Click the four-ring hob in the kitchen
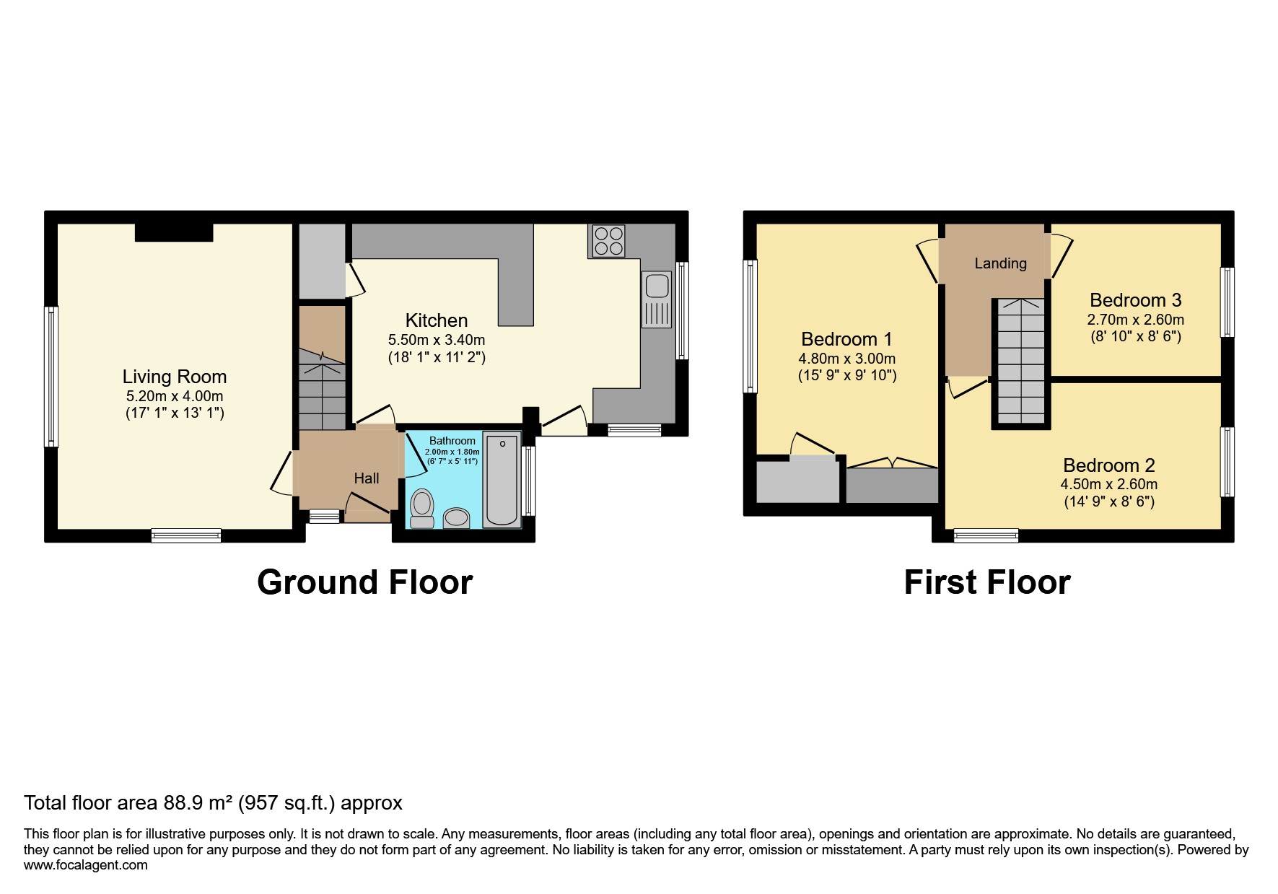pos(608,241)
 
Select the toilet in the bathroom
pos(421,508)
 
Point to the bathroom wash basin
pos(456,518)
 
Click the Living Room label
pos(175,377)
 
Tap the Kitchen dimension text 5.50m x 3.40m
pos(437,340)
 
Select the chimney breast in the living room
pos(174,232)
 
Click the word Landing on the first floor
pos(1000,263)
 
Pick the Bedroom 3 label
pos(1135,300)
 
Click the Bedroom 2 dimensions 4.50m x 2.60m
pos(1108,485)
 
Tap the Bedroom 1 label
pos(846,339)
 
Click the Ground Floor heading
pos(364,582)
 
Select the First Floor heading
pos(986,582)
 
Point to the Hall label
pos(367,478)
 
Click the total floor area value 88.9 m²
pos(193,803)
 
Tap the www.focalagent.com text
pos(86,865)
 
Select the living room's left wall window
pos(51,376)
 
